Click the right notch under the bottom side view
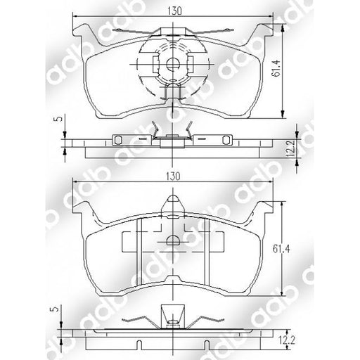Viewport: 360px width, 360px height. tap(204, 343)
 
